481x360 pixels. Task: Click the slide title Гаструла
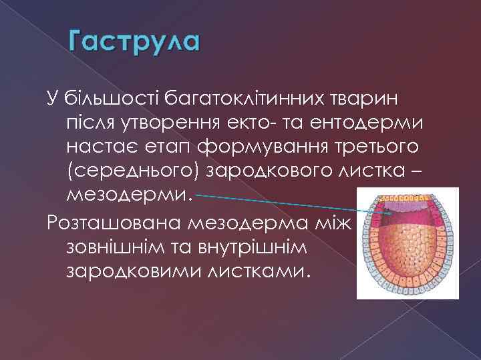click(x=134, y=43)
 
